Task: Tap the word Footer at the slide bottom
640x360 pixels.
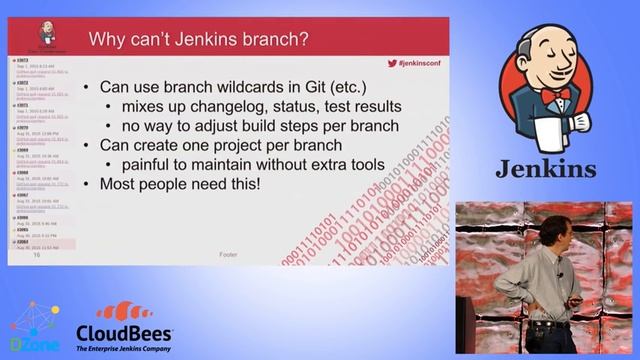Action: tap(228, 255)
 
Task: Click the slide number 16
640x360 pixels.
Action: tap(37, 255)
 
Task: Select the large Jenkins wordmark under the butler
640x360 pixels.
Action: tap(546, 168)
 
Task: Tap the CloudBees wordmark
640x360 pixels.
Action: tap(126, 331)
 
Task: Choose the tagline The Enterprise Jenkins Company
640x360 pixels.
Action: tap(125, 346)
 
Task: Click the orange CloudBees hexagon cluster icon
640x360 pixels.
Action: tap(124, 309)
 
